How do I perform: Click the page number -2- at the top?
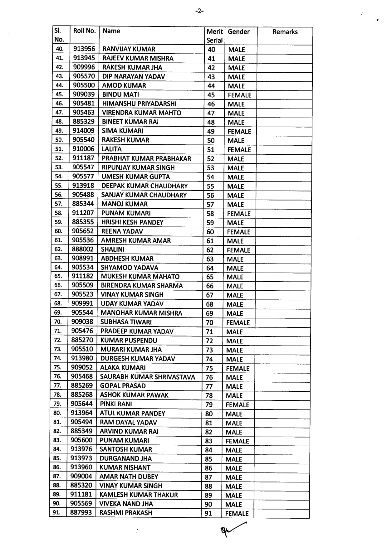(x=199, y=11)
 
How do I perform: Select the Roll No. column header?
(x=84, y=31)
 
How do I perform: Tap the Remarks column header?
(x=285, y=32)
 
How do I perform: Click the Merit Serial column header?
(x=214, y=36)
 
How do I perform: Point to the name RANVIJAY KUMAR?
(x=129, y=49)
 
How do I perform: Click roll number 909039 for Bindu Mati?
(x=84, y=94)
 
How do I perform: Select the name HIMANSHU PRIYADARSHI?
(x=139, y=104)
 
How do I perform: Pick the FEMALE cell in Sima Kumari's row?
(x=239, y=131)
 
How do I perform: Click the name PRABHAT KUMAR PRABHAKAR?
(x=146, y=158)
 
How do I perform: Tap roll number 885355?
(x=83, y=222)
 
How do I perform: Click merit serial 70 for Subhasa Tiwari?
(x=209, y=322)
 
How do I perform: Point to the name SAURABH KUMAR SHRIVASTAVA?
(x=147, y=377)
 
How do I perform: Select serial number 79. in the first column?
(x=57, y=404)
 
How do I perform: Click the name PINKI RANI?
(x=116, y=404)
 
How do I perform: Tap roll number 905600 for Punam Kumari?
(x=81, y=440)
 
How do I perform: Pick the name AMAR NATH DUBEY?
(x=129, y=477)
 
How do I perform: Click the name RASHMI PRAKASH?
(x=126, y=513)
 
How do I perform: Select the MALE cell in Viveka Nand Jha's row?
(x=233, y=504)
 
